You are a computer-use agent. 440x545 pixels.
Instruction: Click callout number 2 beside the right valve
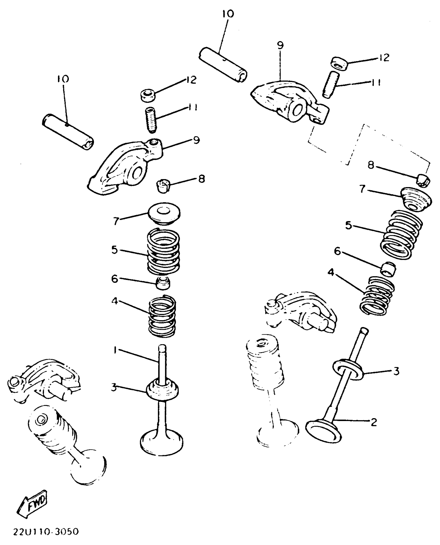point(373,422)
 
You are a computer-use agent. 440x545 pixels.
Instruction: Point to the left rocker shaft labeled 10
point(68,132)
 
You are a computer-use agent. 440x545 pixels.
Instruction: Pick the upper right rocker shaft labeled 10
point(223,65)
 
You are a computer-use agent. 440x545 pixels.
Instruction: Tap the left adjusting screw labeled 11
point(150,120)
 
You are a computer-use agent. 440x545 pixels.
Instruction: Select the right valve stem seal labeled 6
point(388,269)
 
